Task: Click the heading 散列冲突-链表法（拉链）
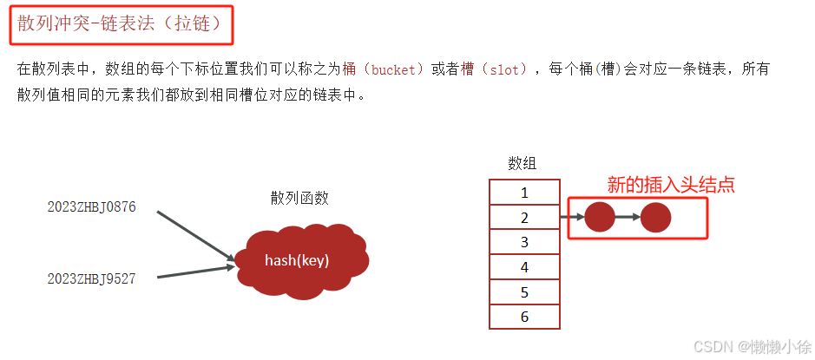pos(125,25)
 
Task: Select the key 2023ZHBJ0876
pos(91,207)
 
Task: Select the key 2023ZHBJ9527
pos(91,278)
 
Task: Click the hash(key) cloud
pos(297,259)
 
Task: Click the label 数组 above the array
pos(523,163)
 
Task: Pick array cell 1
pos(524,193)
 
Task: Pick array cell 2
pos(524,218)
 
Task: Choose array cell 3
pos(524,243)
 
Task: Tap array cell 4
pos(524,268)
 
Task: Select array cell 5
pos(524,293)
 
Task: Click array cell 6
pos(524,317)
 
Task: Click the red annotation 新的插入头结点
pos(671,185)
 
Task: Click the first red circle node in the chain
pos(600,217)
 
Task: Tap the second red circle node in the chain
pos(656,217)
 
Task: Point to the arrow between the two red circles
pos(628,217)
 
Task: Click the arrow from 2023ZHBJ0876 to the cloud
pos(195,234)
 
